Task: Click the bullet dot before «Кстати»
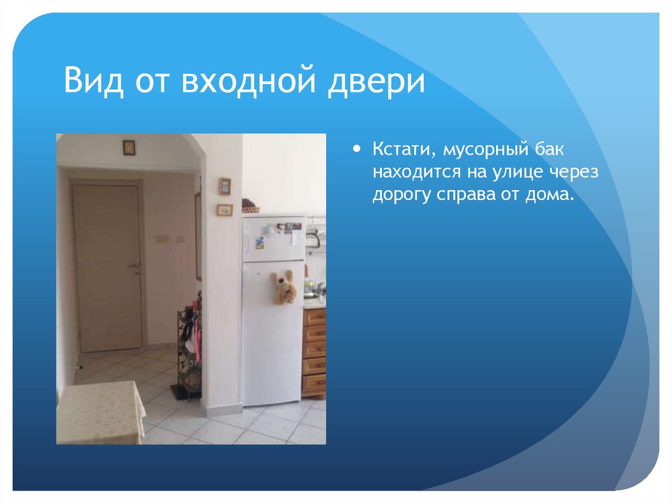357,150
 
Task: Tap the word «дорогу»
398,195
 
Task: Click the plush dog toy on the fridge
284,286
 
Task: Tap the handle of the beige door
135,265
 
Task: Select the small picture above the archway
129,148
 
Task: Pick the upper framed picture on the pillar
224,186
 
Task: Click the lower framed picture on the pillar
224,210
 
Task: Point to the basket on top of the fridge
249,207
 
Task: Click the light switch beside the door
161,238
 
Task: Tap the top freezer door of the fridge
272,237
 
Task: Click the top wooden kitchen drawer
315,317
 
